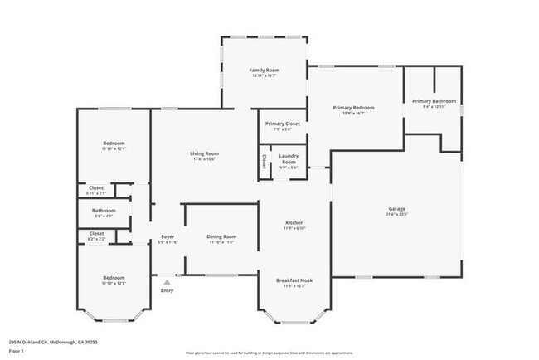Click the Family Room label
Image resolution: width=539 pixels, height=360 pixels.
[265, 71]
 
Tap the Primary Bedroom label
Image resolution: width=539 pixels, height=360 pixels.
[354, 108]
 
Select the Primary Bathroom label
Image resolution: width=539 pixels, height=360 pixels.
[434, 101]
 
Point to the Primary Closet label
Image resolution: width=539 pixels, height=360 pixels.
[282, 124]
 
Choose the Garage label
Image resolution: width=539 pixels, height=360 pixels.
[396, 208]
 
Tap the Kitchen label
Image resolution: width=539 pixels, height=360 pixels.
[294, 222]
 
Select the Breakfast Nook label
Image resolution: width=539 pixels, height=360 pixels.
[295, 280]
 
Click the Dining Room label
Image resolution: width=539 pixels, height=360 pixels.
[221, 237]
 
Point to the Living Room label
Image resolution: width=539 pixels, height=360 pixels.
[204, 153]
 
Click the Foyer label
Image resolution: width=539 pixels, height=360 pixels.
[167, 237]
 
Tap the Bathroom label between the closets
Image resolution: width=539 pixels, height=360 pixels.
[104, 211]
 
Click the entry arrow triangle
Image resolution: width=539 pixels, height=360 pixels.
[167, 282]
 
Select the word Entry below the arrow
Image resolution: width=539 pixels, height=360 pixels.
[167, 290]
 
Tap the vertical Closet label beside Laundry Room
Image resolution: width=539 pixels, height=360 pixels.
[265, 161]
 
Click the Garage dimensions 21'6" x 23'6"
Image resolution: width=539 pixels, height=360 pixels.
[396, 214]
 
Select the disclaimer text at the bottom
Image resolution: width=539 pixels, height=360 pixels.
[269, 353]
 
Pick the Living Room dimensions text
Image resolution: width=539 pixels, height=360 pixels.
[204, 159]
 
